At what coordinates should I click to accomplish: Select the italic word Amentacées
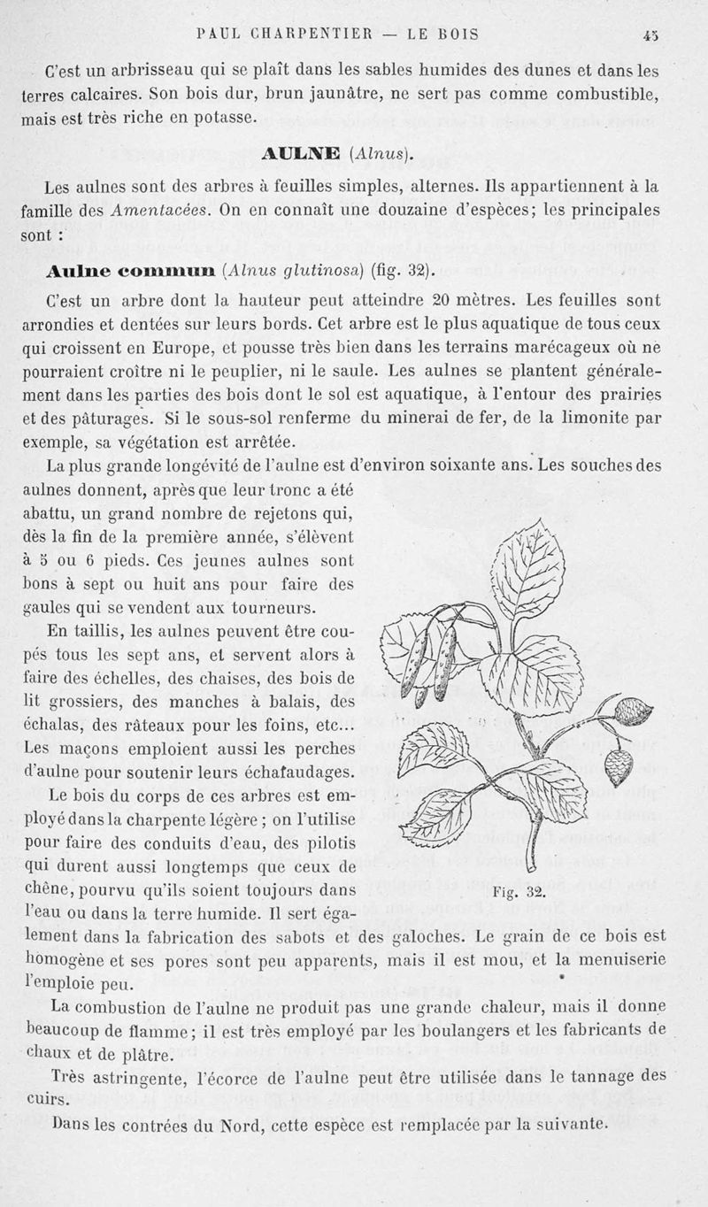point(158,211)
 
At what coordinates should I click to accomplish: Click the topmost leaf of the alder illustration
point(530,567)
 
